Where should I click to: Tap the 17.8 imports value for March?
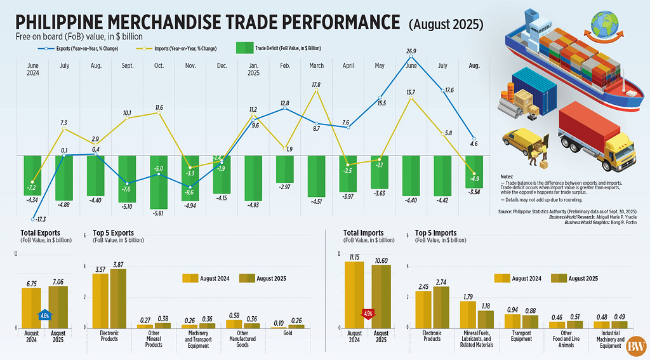(x=316, y=84)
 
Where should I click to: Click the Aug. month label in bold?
(x=474, y=65)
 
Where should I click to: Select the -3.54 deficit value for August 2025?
(x=474, y=191)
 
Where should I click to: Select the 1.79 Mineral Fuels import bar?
(x=468, y=314)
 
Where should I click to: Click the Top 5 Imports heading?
(x=436, y=232)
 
